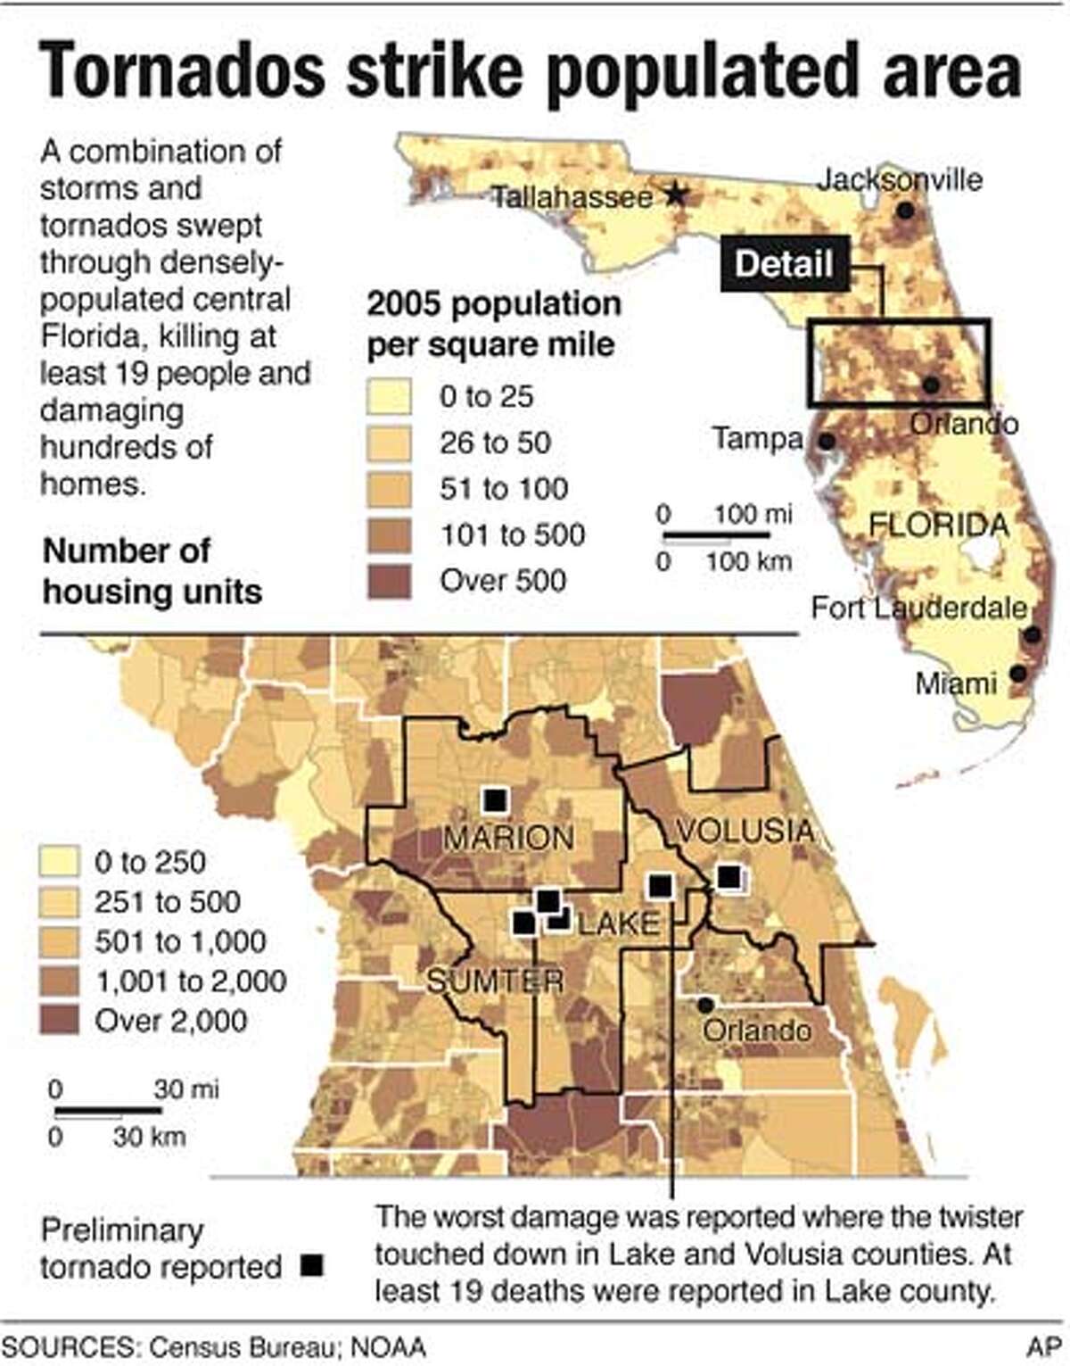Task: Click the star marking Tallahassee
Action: point(677,194)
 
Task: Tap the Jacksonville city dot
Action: point(906,211)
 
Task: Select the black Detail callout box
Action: point(784,264)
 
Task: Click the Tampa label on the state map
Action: point(757,439)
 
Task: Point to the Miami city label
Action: point(956,684)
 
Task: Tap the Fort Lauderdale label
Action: point(918,608)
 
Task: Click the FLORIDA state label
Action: point(938,525)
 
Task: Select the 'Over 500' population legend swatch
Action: point(389,581)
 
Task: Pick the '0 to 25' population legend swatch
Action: point(389,396)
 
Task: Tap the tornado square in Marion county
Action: point(494,799)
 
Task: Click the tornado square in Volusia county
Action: point(729,877)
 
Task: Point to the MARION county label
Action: point(509,839)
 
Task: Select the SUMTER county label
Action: point(495,981)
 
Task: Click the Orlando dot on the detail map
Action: point(705,1005)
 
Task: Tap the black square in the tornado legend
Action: point(311,1265)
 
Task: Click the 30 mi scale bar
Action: point(108,1111)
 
